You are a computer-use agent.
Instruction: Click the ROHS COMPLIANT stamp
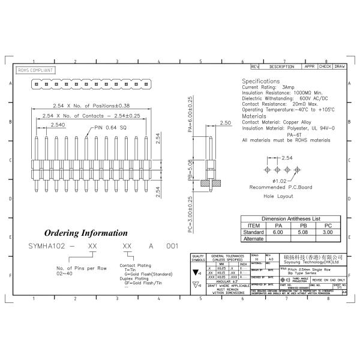(35, 70)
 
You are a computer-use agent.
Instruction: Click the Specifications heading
(260, 81)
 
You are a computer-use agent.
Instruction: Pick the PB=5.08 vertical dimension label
(190, 170)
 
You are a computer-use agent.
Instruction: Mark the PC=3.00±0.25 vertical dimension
(190, 214)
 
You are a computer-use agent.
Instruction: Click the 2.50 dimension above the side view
(226, 122)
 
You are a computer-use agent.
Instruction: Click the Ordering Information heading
(86, 233)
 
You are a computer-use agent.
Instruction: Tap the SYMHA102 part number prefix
(44, 246)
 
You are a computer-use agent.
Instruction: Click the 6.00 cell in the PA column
(278, 232)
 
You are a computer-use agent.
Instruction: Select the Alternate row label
(253, 238)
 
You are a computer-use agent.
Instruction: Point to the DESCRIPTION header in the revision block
(281, 67)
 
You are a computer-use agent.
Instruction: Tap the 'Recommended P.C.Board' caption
(281, 187)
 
